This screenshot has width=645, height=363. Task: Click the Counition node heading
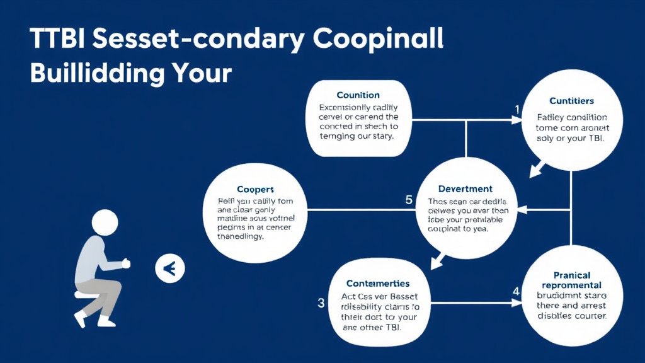(x=358, y=95)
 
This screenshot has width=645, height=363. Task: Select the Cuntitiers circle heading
(x=571, y=101)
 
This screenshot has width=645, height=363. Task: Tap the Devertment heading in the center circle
(x=465, y=188)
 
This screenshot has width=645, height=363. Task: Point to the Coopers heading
(x=255, y=189)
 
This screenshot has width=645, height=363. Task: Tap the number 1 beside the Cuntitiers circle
(x=517, y=110)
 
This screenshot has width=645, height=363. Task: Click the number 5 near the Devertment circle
(x=408, y=200)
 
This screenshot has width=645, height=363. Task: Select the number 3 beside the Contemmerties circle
(x=321, y=303)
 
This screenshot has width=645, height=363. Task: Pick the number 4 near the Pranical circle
(x=516, y=292)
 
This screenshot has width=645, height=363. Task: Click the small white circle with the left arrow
(x=169, y=270)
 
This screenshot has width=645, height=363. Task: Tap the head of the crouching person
(x=105, y=222)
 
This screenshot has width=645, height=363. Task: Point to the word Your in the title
(x=202, y=72)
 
